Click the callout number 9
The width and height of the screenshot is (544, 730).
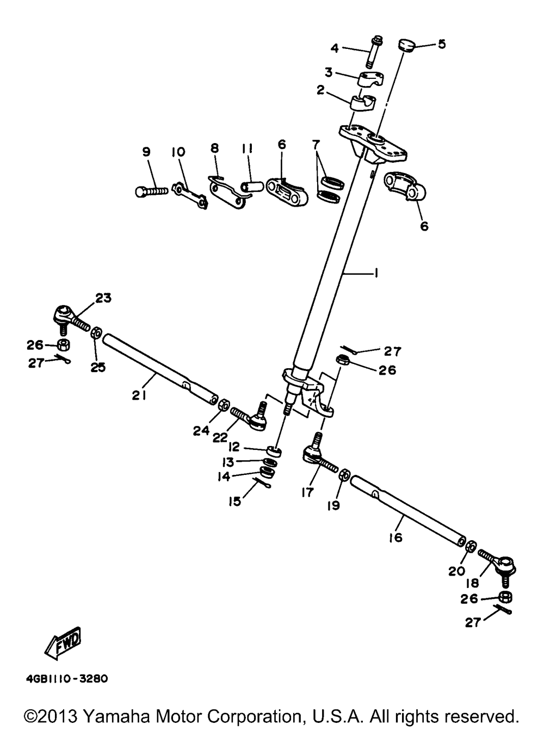(146, 152)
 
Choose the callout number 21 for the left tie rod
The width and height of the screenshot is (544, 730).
(139, 396)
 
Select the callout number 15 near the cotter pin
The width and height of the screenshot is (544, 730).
(234, 501)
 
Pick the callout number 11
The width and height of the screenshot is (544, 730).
(247, 147)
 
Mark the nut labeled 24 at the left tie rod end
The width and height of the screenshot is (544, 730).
(222, 405)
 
